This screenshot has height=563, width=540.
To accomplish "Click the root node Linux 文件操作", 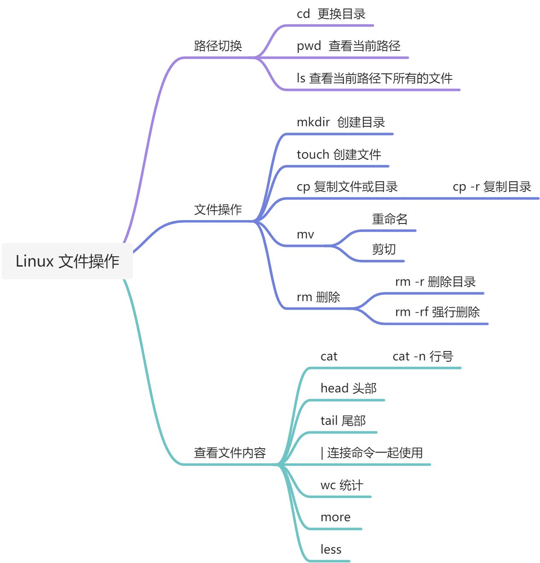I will (x=67, y=261).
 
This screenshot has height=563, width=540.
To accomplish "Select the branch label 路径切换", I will (x=218, y=46).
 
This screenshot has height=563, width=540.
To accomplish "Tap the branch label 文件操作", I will (x=218, y=209).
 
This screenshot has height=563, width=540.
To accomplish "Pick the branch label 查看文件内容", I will (x=230, y=453).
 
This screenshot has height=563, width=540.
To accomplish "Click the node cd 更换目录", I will (x=331, y=14).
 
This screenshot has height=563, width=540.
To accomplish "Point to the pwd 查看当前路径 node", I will (x=348, y=46).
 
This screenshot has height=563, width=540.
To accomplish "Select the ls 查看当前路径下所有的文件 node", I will (x=375, y=78).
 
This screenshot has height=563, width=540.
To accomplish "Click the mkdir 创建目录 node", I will (x=341, y=122).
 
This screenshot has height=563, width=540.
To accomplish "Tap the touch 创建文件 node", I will (x=339, y=154).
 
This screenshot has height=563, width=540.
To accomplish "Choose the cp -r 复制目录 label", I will (x=492, y=187).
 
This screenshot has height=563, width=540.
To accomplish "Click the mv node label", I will (x=305, y=234).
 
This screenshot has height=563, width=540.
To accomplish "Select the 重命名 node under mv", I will (x=390, y=219).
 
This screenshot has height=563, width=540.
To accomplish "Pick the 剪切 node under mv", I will (x=384, y=249).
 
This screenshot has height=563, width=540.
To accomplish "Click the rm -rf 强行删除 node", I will (x=437, y=312).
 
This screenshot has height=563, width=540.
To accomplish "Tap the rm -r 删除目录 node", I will (x=435, y=282).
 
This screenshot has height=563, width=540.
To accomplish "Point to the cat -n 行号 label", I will (x=423, y=356).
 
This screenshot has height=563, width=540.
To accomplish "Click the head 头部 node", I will (x=348, y=388).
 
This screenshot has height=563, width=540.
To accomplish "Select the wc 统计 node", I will (x=342, y=485).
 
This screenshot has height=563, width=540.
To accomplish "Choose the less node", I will (x=331, y=549).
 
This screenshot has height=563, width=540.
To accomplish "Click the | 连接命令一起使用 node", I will (x=372, y=453).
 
